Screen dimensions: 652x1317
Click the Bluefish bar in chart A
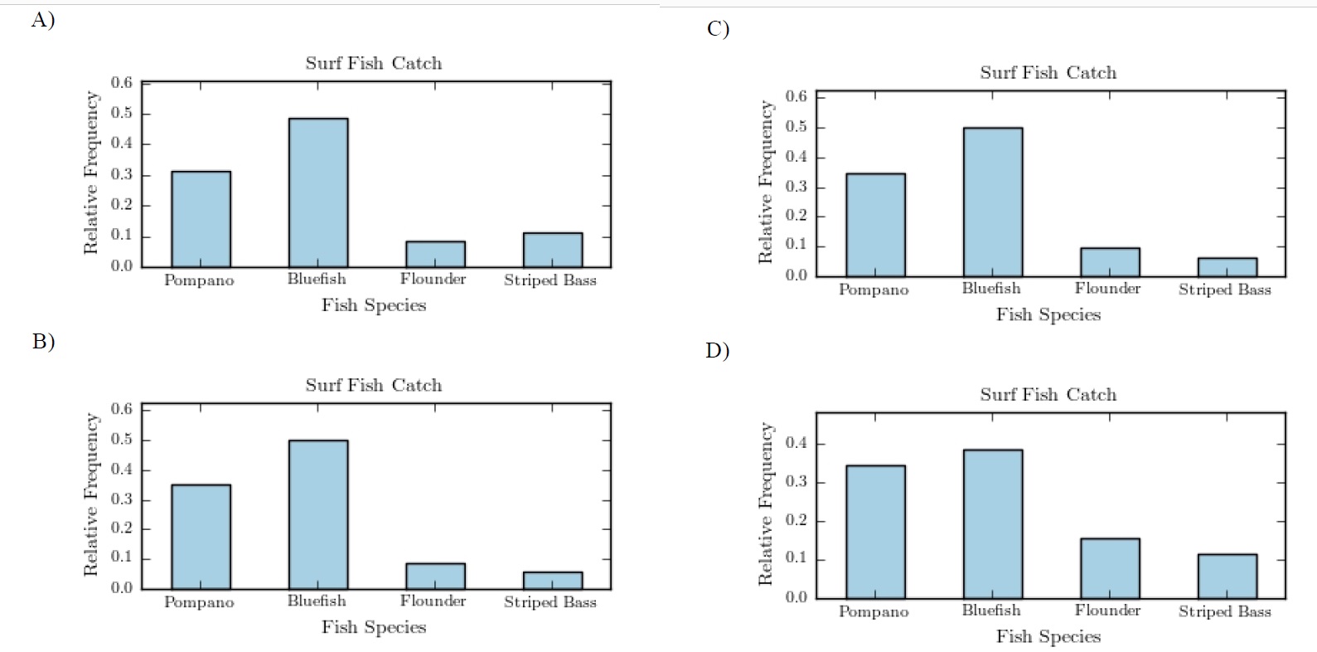coord(318,192)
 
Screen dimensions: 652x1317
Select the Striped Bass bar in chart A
coord(552,250)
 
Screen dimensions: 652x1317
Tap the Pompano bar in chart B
coord(201,536)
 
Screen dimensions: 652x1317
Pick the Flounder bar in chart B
coord(435,576)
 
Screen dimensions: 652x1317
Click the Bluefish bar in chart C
coord(992,202)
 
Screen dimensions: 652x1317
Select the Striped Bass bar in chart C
coord(1227,266)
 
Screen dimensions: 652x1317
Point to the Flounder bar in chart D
coord(1110,568)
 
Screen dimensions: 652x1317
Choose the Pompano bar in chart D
coord(875,532)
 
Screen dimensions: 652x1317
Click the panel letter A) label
coord(43,20)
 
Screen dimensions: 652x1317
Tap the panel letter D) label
coord(717,350)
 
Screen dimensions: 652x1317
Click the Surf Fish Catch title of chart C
coord(1048,73)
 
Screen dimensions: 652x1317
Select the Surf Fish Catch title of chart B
coord(373,385)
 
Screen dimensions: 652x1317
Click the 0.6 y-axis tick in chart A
coord(122,82)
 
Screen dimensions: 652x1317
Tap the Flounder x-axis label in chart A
coord(433,280)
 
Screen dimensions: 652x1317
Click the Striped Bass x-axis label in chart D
coord(1224,611)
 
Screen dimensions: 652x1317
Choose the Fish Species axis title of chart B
coord(373,627)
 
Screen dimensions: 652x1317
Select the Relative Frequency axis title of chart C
coord(766,182)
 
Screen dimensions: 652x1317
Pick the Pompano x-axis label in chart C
coord(874,290)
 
